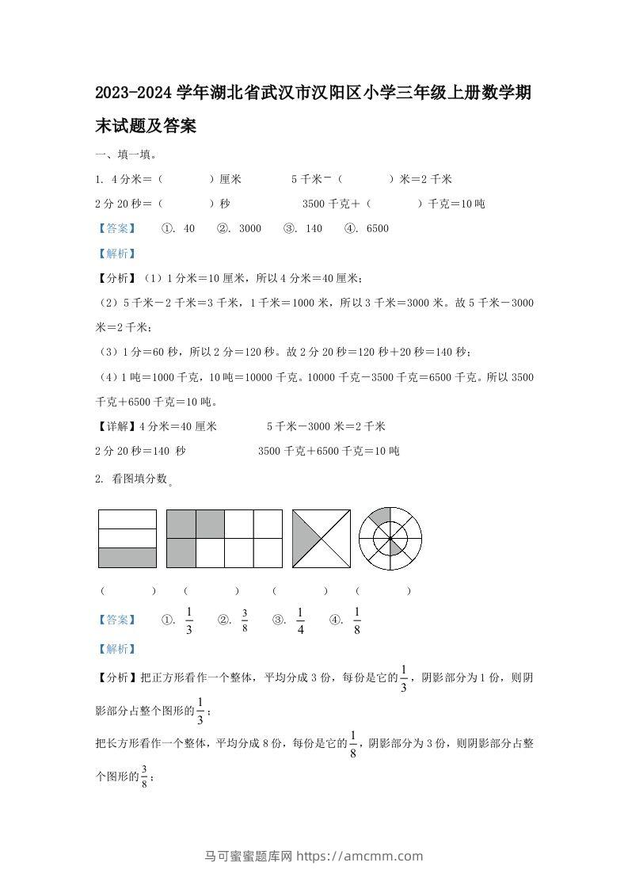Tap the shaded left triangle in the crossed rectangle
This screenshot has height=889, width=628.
[306, 539]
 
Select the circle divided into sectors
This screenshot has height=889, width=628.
[390, 539]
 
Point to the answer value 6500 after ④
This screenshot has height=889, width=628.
[378, 228]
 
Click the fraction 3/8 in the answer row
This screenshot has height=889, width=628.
[245, 620]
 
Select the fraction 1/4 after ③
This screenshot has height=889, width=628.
[300, 620]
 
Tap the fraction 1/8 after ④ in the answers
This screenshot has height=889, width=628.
[357, 620]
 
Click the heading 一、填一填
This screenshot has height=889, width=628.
[120, 155]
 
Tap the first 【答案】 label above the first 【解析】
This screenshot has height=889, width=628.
[115, 228]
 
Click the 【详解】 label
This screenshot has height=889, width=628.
[115, 426]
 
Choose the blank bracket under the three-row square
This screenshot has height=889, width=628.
[128, 590]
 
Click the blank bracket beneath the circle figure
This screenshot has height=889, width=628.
[383, 590]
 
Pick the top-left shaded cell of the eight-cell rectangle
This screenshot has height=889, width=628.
[181, 524]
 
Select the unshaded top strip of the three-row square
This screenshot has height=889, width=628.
[127, 519]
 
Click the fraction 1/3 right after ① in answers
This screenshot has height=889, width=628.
[189, 620]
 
